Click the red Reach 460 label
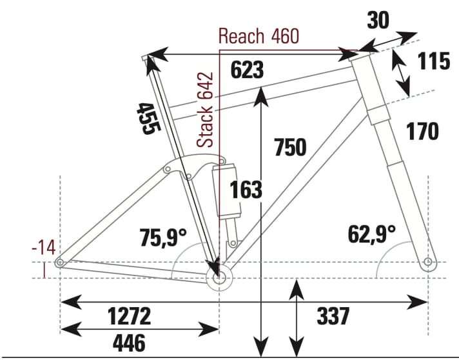tap(259, 36)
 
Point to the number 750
tap(289, 147)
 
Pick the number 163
tap(246, 190)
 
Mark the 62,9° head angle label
tap(372, 234)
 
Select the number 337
tap(333, 316)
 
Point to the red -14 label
tap(44, 246)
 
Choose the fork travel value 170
tap(422, 131)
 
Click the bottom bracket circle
tap(220, 279)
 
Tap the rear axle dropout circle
tap(59, 263)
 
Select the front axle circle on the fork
tap(427, 263)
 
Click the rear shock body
tap(229, 190)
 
